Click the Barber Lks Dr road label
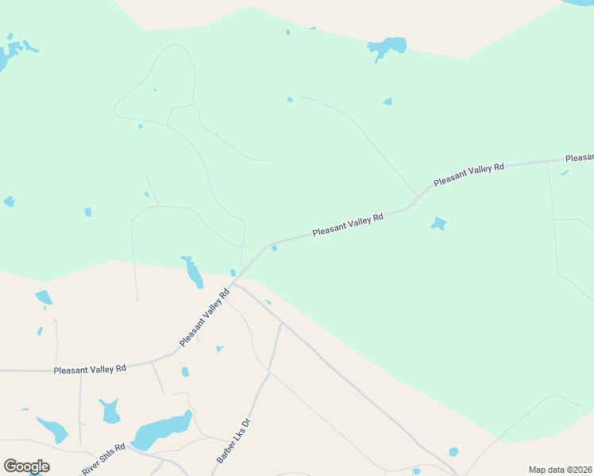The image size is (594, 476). (x=233, y=441)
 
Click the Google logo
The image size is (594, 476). (x=26, y=466)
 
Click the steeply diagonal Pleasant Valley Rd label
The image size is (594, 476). (x=204, y=317)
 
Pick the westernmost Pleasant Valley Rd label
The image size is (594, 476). (x=89, y=369)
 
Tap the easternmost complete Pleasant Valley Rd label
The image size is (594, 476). (x=469, y=174)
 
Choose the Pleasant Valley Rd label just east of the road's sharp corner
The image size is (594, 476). (x=347, y=224)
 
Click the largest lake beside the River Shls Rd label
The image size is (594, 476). (x=161, y=432)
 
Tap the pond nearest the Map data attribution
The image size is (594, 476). (x=453, y=452)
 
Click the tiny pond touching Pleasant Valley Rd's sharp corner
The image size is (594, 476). (x=274, y=248)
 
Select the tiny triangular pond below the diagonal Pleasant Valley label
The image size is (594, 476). (x=219, y=348)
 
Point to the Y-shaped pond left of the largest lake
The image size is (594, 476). (x=110, y=411)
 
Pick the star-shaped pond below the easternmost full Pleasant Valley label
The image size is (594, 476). (x=438, y=224)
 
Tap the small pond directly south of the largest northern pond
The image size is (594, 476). (x=388, y=102)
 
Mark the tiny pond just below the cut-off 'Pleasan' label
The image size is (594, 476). (x=565, y=172)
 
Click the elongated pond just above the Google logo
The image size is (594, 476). (x=52, y=429)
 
